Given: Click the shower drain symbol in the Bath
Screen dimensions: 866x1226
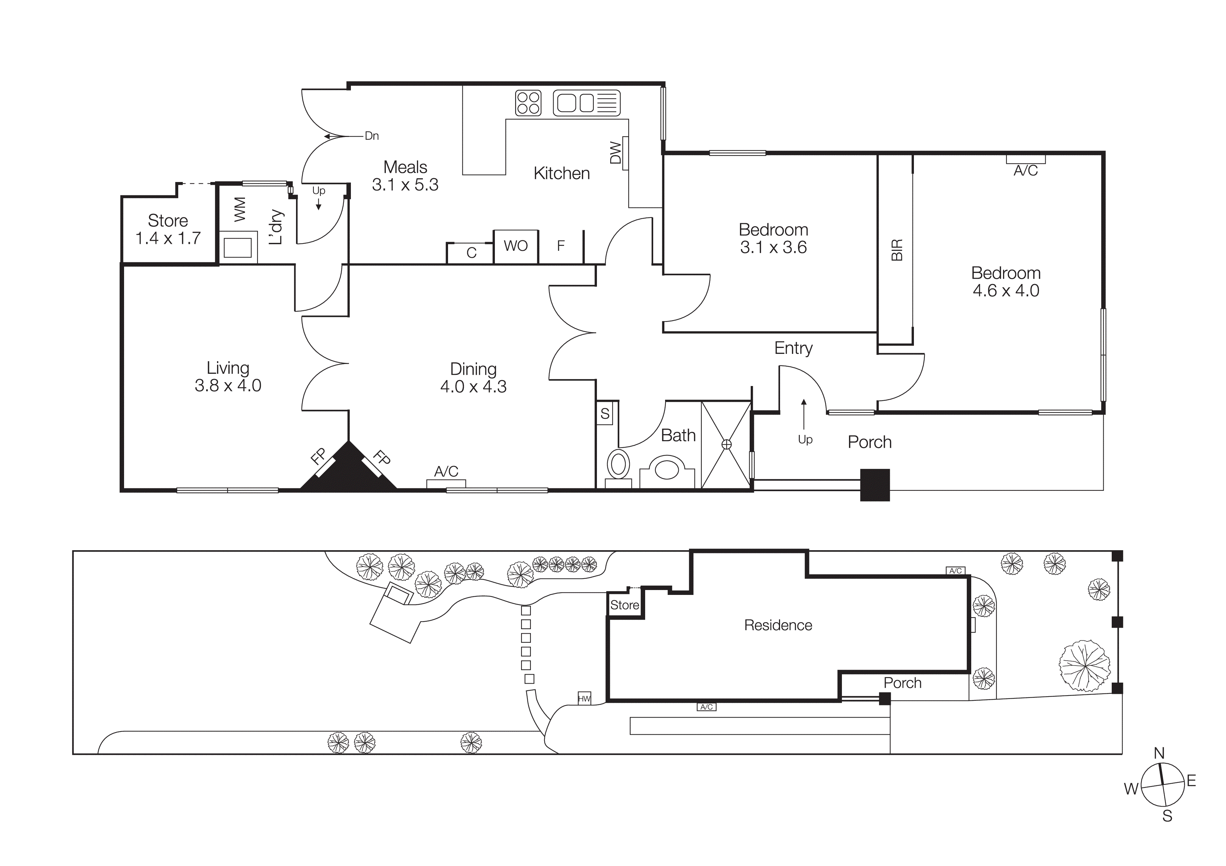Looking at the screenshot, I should (x=726, y=444).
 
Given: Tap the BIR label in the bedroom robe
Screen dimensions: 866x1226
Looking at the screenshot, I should (x=897, y=250).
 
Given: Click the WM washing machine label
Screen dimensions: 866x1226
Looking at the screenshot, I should (x=240, y=209).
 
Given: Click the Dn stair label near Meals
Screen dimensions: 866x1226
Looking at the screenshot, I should (x=372, y=136).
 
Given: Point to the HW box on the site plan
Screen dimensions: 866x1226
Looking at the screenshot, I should (x=584, y=698).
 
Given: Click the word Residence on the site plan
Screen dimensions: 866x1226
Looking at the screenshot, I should (x=778, y=625).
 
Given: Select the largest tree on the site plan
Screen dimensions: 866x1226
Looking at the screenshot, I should (x=1084, y=666).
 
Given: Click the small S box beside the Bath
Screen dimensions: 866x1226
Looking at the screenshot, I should (x=605, y=414).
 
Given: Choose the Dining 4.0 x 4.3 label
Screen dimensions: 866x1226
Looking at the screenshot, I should (x=473, y=378).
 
